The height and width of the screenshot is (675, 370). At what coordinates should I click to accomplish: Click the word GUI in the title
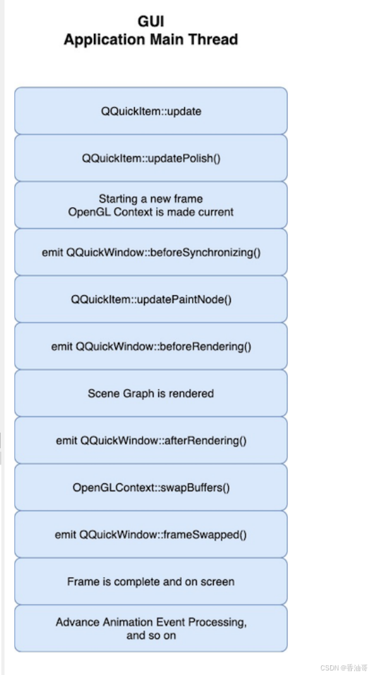click(x=150, y=22)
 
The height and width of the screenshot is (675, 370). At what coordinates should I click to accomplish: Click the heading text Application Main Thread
click(x=150, y=40)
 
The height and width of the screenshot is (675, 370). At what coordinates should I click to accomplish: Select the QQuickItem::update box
click(x=150, y=111)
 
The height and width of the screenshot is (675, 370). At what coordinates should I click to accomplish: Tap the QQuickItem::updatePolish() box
click(x=150, y=158)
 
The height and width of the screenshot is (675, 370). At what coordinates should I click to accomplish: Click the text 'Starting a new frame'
click(x=150, y=199)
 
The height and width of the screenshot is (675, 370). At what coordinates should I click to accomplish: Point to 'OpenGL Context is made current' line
click(x=150, y=212)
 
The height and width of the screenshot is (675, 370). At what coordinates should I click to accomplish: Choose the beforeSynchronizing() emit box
click(x=150, y=252)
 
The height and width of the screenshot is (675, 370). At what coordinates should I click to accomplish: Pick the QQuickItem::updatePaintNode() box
click(x=150, y=300)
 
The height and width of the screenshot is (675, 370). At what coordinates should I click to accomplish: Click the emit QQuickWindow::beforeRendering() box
click(x=150, y=347)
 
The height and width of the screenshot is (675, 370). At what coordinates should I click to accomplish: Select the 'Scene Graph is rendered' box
click(x=150, y=394)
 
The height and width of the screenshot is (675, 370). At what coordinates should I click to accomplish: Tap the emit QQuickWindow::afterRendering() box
click(x=150, y=440)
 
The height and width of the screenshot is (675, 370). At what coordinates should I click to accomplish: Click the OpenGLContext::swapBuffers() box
click(x=150, y=487)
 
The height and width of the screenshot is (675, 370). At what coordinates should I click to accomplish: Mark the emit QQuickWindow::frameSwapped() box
click(x=150, y=535)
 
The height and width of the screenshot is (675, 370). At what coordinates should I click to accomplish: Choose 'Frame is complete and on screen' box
click(x=150, y=582)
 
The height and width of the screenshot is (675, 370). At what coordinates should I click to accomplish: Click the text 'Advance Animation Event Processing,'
click(x=150, y=622)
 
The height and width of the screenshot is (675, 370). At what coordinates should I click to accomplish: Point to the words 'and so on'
click(x=150, y=635)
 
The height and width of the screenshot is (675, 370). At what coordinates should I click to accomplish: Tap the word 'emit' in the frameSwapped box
click(x=66, y=535)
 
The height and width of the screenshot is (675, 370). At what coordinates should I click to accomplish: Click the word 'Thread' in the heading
click(x=214, y=40)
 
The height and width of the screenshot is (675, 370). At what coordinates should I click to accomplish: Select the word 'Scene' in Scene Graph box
click(x=104, y=394)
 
